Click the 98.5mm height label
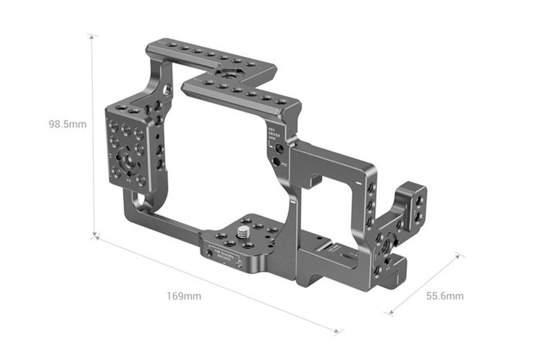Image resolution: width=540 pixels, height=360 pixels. coord(68,124)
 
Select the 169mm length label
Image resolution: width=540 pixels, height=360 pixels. coord(184,296)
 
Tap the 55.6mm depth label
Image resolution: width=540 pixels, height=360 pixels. coord(445,296)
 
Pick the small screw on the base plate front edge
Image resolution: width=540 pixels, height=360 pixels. coord(210,254)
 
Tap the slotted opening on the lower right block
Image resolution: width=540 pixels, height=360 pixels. coord(344,256)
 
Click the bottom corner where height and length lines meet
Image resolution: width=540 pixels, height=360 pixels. coord(94,235)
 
